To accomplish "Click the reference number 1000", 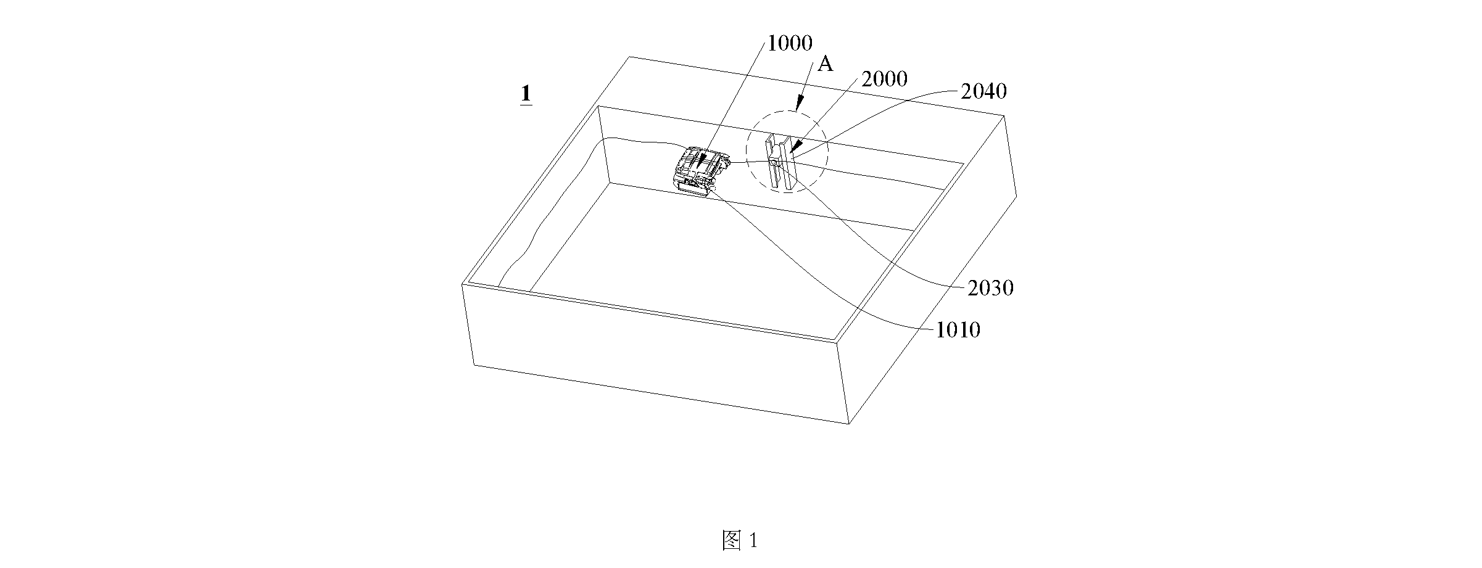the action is click(789, 43).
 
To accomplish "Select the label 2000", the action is click(884, 79).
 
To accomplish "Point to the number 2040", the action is click(983, 92).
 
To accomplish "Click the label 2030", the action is click(990, 289).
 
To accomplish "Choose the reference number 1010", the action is click(958, 331).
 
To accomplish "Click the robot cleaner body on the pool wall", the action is click(701, 171).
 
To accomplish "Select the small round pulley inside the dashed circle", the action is click(776, 163).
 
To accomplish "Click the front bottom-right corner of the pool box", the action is click(850, 424).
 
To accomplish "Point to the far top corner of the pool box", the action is click(629, 57).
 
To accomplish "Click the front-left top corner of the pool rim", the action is click(463, 284).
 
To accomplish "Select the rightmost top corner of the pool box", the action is click(1006, 115).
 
